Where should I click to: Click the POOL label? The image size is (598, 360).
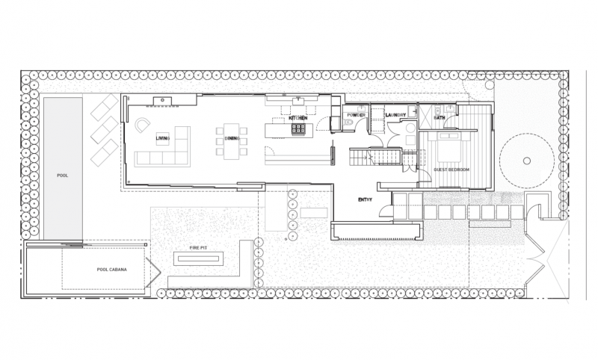63,176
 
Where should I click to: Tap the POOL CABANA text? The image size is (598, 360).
111,270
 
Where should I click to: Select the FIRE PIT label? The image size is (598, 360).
198,248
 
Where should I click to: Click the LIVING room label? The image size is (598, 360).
163,138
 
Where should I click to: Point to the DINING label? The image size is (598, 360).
232,138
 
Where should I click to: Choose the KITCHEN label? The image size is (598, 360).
298,118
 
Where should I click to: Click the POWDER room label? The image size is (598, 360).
357,115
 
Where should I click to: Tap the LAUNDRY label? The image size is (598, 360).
395,115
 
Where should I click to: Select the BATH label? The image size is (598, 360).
440,118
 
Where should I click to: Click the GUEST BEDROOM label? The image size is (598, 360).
451,170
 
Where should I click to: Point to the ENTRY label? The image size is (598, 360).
365,199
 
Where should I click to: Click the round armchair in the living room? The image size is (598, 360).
142,125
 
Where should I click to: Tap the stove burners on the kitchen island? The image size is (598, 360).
298,129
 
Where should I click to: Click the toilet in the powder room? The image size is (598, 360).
348,122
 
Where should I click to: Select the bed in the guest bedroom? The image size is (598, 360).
451,146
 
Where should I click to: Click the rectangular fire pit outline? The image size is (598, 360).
198,259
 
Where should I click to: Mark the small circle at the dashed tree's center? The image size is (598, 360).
527,161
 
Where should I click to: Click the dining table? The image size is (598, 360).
231,141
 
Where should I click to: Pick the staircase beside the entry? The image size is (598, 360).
375,157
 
